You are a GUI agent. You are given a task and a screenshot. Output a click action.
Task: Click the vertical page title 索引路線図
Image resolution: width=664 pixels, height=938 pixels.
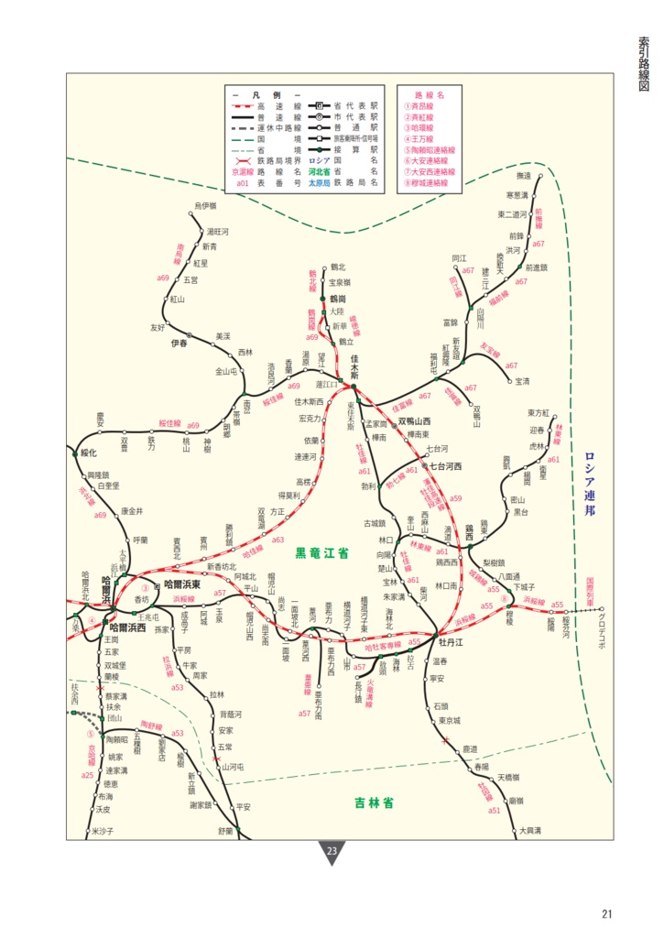pyautogui.click(x=643, y=63)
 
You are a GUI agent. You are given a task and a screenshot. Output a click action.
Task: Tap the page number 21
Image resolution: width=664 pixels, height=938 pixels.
pyautogui.click(x=607, y=912)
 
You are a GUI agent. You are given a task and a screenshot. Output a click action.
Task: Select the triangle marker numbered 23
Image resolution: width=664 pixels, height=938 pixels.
pyautogui.click(x=332, y=852)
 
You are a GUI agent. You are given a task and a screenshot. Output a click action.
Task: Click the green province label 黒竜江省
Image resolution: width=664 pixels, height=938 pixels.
pyautogui.click(x=321, y=554)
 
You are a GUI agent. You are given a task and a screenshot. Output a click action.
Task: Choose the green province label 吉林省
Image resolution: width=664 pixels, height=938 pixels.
pyautogui.click(x=374, y=803)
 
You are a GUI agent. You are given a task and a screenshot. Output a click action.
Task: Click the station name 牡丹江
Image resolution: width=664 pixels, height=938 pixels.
pyautogui.click(x=452, y=641)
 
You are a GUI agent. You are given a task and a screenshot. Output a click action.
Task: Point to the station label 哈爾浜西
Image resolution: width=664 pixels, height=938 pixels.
pyautogui.click(x=127, y=627)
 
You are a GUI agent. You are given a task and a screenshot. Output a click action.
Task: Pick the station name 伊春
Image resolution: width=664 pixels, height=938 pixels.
pyautogui.click(x=179, y=343)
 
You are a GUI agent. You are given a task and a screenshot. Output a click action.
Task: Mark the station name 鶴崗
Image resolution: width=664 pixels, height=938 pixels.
pyautogui.click(x=337, y=299)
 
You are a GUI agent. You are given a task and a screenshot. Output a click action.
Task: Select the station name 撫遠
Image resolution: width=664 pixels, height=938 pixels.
pyautogui.click(x=524, y=175)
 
